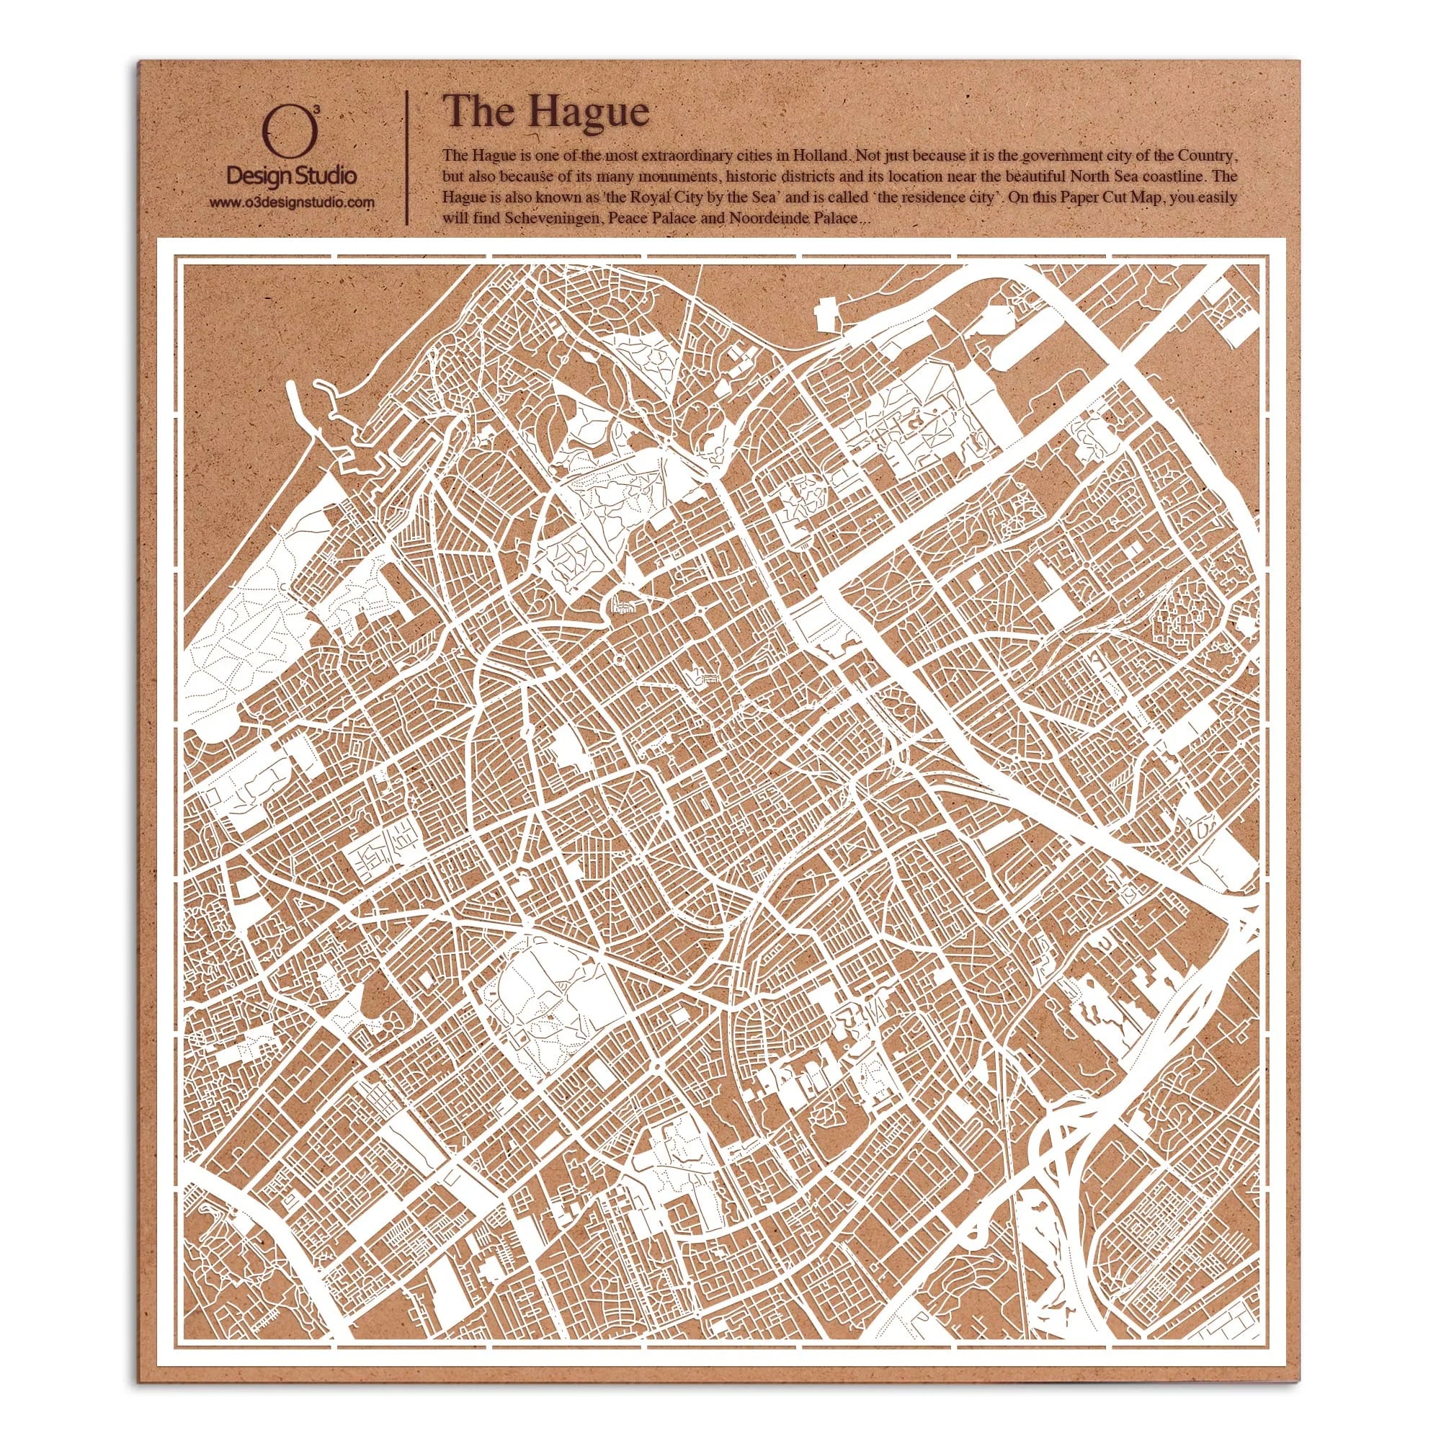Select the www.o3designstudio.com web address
coord(292,203)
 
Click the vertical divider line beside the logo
coord(406,158)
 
